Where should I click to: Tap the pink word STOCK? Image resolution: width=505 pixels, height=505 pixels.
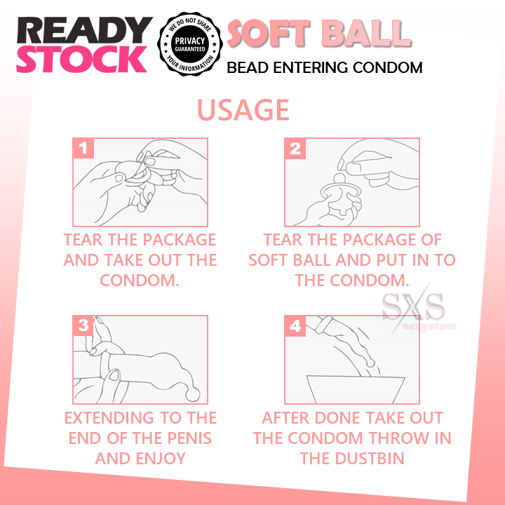point(82,59)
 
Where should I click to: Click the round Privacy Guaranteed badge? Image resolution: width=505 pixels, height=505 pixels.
point(190,44)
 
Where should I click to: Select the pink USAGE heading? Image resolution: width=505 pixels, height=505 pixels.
point(243,110)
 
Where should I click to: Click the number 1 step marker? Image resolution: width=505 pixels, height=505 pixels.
point(83,148)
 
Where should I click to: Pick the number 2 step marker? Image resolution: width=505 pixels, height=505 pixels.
point(295,149)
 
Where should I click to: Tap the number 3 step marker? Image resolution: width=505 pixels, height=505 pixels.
point(83,325)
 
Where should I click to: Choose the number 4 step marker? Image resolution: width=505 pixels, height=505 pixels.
point(295,326)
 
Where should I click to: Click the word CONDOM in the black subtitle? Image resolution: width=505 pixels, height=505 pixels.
point(388,67)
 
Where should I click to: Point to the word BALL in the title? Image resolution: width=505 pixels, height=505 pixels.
point(367,33)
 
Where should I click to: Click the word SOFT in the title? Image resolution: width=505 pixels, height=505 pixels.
point(269,33)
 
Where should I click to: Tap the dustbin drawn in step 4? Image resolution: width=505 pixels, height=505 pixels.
point(356,389)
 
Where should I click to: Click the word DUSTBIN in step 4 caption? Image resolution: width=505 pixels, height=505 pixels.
point(370,458)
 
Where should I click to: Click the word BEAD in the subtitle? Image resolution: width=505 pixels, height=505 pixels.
point(248,67)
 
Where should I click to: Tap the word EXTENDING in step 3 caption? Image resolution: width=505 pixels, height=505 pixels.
point(109,418)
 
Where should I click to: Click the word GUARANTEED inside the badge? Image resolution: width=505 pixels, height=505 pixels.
point(190,49)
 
